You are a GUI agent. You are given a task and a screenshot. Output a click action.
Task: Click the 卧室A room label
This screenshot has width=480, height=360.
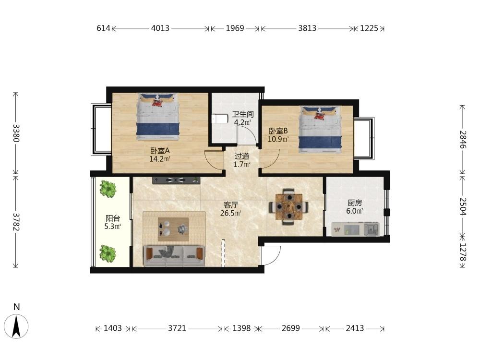tap(160, 151)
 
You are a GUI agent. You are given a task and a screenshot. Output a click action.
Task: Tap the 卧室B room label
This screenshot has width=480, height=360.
tap(278, 131)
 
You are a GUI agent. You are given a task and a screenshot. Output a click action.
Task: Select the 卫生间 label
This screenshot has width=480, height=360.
tap(243, 115)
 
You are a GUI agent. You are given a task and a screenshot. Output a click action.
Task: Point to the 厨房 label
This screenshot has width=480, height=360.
tap(355, 203)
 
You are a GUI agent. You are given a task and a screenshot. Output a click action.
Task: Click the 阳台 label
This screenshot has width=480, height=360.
tap(113, 218)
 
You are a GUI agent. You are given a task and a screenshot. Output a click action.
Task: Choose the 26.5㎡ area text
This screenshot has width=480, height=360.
tap(231, 213)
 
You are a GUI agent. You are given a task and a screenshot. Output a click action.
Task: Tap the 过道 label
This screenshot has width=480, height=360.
tap(242, 156)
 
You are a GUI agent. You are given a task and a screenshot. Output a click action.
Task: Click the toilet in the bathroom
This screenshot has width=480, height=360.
tap(220, 119)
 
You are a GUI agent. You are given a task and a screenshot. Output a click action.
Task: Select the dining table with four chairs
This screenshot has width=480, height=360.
tap(288, 206)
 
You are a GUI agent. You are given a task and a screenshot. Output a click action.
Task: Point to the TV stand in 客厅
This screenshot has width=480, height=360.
tap(176, 180)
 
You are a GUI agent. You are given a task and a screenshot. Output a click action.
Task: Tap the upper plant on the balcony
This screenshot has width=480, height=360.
tap(108, 189)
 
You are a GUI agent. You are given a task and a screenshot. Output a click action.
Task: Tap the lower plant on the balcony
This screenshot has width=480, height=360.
tap(108, 253)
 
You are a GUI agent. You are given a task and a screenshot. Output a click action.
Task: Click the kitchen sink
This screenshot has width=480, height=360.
tap(372, 229)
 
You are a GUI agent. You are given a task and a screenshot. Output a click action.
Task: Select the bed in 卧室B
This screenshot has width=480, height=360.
tap(320, 129)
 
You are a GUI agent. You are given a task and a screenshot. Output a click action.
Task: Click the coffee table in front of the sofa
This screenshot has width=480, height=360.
tap(173, 229)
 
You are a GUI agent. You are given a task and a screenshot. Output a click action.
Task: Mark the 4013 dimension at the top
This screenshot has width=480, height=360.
tap(160, 28)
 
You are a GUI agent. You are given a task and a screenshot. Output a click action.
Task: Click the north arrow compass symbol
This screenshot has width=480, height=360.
tap(16, 326)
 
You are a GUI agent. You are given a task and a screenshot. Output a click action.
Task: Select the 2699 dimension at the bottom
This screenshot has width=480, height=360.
tap(291, 328)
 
